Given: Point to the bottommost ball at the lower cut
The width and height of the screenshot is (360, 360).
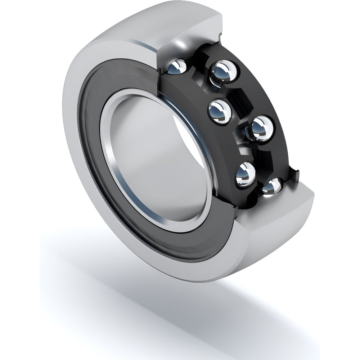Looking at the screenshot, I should (272, 186).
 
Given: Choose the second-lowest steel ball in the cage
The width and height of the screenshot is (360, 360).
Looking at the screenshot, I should (246, 174).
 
